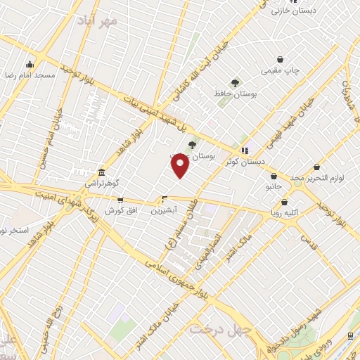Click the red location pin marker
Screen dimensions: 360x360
click(x=180, y=166)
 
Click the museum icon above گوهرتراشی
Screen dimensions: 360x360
click(x=102, y=173)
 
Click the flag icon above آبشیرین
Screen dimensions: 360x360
click(x=165, y=199)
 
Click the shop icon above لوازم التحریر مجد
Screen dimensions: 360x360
click(x=316, y=167)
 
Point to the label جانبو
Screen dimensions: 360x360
click(x=272, y=188)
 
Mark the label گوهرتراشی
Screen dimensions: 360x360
click(x=103, y=184)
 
